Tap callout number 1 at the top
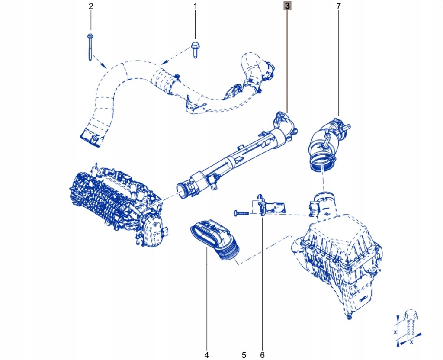(x=195, y=6)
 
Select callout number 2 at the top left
(x=90, y=6)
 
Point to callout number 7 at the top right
(x=338, y=6)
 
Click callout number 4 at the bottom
(x=206, y=355)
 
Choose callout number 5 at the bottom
(x=244, y=355)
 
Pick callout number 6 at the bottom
(x=262, y=355)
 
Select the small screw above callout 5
(x=241, y=212)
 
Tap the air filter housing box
(x=340, y=255)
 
